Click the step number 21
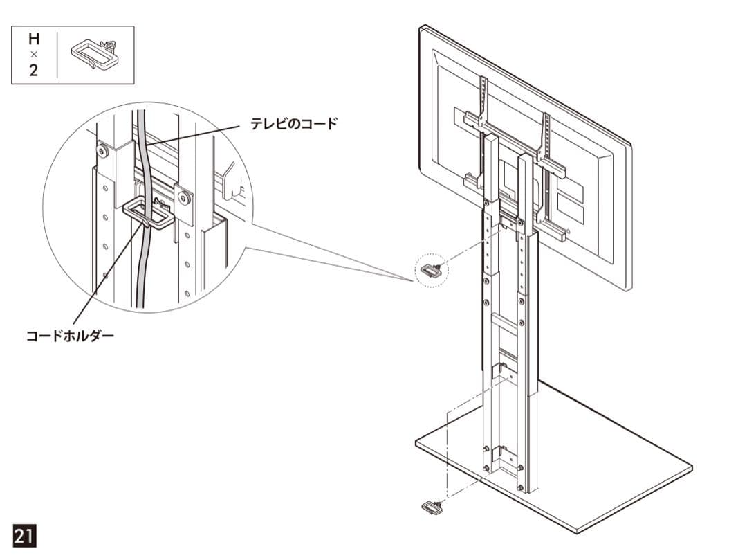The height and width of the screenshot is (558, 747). click(x=24, y=536)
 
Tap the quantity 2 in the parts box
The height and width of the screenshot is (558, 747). click(x=33, y=71)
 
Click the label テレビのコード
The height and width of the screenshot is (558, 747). click(x=294, y=124)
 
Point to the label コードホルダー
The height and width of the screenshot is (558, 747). click(x=70, y=336)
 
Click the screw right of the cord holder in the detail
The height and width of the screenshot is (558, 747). click(x=184, y=197)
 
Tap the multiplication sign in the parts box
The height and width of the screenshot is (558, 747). click(x=33, y=55)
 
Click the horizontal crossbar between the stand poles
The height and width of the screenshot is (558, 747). click(x=505, y=320)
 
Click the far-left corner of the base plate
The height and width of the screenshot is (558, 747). click(x=416, y=442)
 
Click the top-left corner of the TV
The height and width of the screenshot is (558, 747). click(x=421, y=27)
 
